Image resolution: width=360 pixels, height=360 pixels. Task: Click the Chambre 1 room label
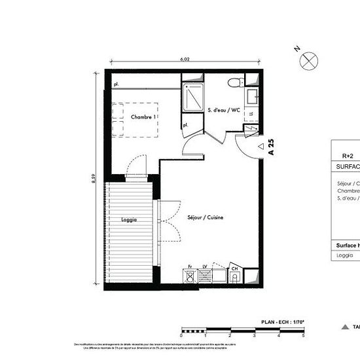[143, 117]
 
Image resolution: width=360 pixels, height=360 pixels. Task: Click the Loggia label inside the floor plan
[130, 220]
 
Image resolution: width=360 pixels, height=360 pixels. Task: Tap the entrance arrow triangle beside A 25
[261, 147]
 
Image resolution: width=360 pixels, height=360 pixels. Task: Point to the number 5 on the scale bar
[303, 335]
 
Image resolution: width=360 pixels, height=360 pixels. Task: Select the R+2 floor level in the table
[348, 156]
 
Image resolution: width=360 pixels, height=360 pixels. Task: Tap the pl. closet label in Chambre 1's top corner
[115, 85]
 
